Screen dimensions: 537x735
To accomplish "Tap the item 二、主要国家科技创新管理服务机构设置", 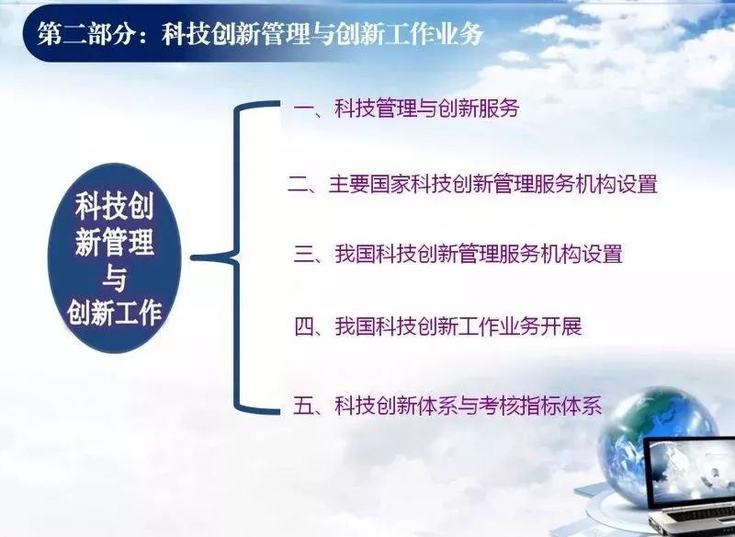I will pos(472,183).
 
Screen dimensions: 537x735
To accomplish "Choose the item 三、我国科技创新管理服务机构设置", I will pos(458,254).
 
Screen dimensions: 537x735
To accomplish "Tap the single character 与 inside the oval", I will pos(114,280).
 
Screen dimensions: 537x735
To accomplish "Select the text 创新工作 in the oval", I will pos(115,314).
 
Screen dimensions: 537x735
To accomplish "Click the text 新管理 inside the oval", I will pos(115,244).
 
